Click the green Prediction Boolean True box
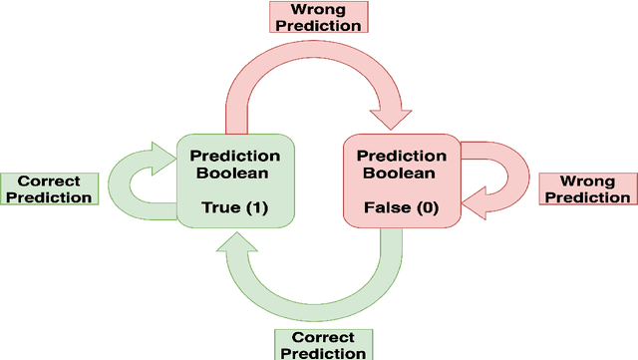coord(235,182)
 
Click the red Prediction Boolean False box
coord(402,182)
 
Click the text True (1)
coord(235,207)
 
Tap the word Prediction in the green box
coord(235,156)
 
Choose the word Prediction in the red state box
coord(402,156)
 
